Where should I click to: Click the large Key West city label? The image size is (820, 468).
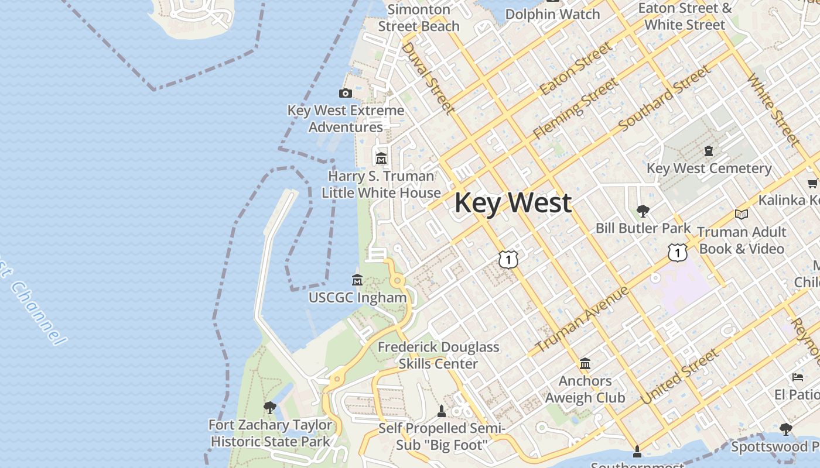(512, 203)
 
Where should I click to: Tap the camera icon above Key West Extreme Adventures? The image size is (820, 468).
(346, 93)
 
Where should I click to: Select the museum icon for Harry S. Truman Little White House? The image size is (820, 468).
(381, 158)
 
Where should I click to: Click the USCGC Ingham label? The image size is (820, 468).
(357, 298)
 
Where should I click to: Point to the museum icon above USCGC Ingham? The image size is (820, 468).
(357, 280)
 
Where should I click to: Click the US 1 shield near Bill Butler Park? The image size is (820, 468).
(677, 253)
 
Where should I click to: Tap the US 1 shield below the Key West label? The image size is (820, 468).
(508, 259)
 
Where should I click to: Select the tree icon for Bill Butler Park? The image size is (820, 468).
(643, 211)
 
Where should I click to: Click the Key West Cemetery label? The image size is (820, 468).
(709, 168)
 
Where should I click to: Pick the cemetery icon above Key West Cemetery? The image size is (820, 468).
(709, 151)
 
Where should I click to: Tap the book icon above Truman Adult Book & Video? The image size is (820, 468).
(742, 215)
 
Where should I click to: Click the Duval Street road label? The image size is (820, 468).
(428, 77)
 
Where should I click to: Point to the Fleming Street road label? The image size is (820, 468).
(575, 109)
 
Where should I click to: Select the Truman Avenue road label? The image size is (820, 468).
(582, 319)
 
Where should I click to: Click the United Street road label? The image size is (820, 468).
(679, 376)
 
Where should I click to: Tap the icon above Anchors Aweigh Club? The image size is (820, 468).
(585, 364)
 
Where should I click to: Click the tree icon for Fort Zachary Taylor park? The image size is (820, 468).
(269, 407)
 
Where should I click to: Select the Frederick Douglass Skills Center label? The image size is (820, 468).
(438, 355)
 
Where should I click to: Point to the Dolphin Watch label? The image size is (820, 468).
(552, 14)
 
